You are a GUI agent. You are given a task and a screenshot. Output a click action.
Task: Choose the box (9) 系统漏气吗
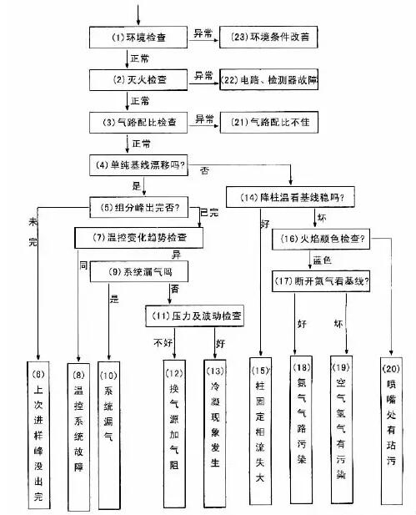point(139,272)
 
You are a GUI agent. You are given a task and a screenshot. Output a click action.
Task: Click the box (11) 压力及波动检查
point(194,316)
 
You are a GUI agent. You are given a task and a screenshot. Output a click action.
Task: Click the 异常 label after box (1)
point(203,32)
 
